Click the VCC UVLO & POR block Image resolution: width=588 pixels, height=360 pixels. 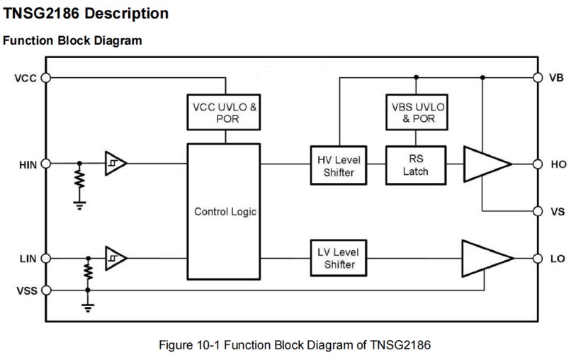tap(226, 113)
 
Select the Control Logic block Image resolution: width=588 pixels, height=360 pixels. tap(225, 211)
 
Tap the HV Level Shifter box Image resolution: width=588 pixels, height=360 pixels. tap(339, 166)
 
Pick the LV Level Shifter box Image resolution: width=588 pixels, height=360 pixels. tap(339, 258)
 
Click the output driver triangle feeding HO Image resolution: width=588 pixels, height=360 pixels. tap(485, 164)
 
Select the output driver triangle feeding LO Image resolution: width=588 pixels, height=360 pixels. tap(485, 258)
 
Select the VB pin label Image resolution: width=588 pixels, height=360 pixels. tap(557, 77)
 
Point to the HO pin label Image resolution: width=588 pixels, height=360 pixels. tap(558, 164)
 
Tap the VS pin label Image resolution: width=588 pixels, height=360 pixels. tap(557, 211)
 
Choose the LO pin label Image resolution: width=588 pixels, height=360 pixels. tap(558, 258)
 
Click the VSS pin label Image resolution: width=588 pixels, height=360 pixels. tap(26, 290)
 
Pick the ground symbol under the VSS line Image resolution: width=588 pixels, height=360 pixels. tap(88, 308)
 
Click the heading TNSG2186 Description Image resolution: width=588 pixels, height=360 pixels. tap(86, 13)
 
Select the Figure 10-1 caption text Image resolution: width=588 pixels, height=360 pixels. tap(294, 345)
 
